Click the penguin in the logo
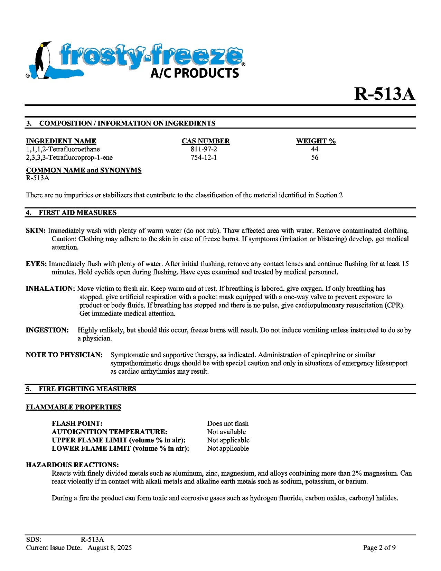[43, 60]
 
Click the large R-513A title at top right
[384, 94]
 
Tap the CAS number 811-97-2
[204, 149]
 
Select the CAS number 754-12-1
[204, 158]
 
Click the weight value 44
[315, 149]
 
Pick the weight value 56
[315, 158]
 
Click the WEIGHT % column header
[316, 141]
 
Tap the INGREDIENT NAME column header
[61, 141]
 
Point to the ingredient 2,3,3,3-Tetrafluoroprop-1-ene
[69, 158]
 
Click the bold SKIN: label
[36, 231]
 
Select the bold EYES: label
[36, 264]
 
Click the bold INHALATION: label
[50, 289]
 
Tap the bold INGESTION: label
[47, 330]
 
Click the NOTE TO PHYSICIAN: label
[64, 355]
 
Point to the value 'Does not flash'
[228, 423]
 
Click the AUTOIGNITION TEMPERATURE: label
[109, 432]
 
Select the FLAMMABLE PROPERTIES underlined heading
[73, 407]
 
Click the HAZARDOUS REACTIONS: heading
[72, 465]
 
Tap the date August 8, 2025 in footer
[110, 548]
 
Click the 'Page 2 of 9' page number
[379, 548]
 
